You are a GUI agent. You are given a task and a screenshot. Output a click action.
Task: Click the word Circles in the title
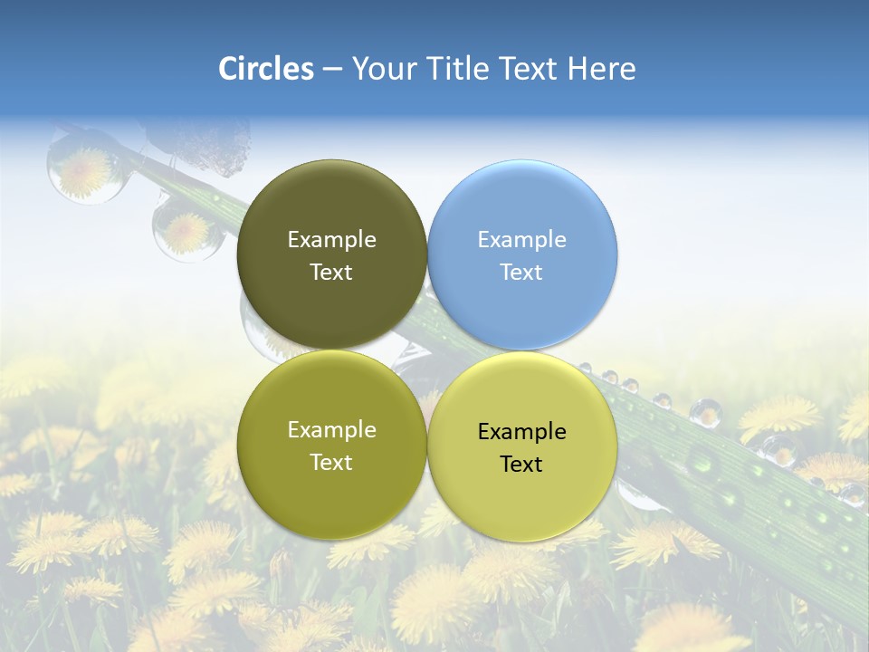266,69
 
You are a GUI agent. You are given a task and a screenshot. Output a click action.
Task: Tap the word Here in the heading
602,69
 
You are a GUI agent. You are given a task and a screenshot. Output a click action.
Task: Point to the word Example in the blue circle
521,240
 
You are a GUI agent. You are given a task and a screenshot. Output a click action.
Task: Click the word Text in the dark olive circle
331,273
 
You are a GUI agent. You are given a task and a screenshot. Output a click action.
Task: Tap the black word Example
521,432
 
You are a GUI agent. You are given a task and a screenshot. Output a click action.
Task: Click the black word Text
521,465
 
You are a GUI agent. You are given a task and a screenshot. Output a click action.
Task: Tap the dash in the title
332,69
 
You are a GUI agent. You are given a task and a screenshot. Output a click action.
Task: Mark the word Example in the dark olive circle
331,240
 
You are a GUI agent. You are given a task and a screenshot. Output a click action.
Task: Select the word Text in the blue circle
521,273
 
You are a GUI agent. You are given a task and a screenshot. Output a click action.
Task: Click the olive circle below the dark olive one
331,446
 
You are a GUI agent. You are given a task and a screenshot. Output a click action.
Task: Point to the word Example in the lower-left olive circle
331,430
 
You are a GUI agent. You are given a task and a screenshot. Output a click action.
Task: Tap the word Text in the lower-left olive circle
331,463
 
